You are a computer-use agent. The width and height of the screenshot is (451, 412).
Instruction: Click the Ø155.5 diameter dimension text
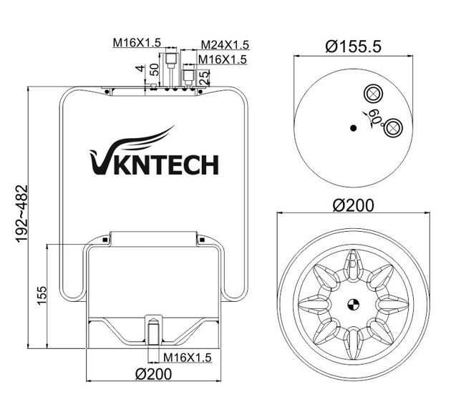352,46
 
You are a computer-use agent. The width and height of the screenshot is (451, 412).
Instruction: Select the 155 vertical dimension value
42,294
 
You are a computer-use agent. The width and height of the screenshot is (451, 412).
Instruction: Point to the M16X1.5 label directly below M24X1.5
222,59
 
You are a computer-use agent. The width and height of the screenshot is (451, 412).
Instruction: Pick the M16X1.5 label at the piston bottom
187,357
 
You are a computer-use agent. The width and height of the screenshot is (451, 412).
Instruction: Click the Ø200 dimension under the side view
152,375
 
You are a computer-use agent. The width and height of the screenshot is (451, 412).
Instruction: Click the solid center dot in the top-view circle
352,128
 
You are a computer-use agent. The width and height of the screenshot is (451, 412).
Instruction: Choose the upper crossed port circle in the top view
372,94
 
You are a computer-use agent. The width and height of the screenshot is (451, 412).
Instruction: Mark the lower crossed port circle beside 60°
392,129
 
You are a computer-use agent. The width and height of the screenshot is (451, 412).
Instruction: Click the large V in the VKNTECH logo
101,162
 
